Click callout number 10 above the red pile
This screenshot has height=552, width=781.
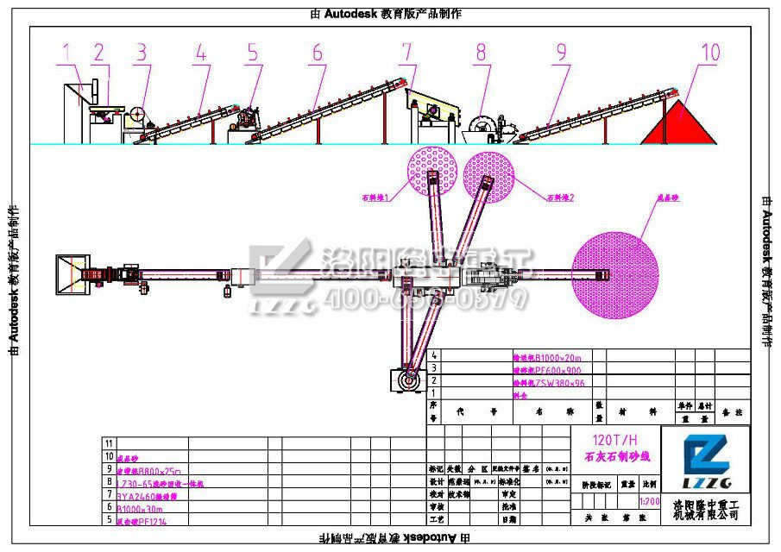pyautogui.click(x=709, y=52)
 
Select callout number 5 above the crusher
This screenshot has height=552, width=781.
pyautogui.click(x=252, y=52)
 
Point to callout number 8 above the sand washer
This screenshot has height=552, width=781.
pyautogui.click(x=481, y=52)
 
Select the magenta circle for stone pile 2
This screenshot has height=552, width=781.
pyautogui.click(x=489, y=176)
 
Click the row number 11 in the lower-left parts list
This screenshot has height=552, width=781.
pyautogui.click(x=109, y=442)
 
